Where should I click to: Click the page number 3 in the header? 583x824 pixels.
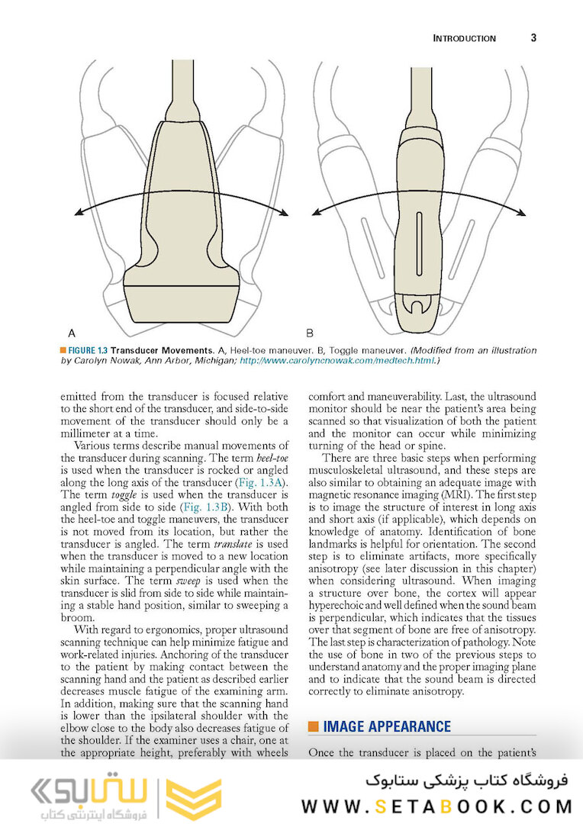coord(533,38)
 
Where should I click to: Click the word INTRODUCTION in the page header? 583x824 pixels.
coord(464,38)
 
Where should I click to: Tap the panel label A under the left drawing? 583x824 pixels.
coord(72,333)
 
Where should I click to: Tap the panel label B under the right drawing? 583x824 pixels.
coord(310,333)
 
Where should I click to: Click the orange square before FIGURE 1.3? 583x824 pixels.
coord(63,349)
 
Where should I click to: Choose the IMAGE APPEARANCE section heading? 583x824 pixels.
coord(387,726)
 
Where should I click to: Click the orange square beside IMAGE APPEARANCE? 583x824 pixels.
coord(313,726)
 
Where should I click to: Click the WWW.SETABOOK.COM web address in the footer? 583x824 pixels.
coord(436,806)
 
